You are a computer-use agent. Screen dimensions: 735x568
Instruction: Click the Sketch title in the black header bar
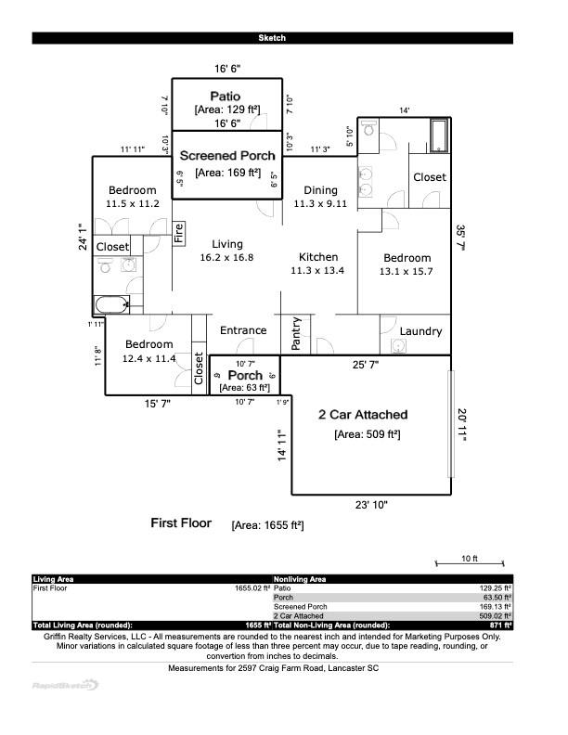[x=272, y=38]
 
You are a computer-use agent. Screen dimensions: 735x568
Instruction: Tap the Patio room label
[x=226, y=96]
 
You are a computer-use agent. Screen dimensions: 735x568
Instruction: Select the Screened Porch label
[x=227, y=156]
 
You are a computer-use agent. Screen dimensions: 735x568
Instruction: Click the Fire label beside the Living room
[x=179, y=232]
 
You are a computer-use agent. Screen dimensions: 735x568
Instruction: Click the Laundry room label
[x=420, y=331]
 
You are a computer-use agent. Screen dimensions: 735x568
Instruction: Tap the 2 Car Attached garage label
[x=363, y=415]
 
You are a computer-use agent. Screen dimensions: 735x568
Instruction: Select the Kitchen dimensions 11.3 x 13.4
[x=317, y=271]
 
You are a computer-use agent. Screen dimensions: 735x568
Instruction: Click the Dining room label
[x=320, y=190]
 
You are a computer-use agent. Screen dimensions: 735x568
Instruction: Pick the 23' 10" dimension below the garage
[x=371, y=505]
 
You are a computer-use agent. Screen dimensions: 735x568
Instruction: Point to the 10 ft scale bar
[x=470, y=562]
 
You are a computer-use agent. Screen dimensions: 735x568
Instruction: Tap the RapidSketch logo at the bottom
[x=65, y=685]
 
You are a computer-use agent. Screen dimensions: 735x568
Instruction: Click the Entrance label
[x=243, y=330]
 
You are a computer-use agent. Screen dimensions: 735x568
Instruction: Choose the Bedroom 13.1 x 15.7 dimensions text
[x=407, y=272]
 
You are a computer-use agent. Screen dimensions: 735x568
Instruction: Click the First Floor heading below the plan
[x=181, y=523]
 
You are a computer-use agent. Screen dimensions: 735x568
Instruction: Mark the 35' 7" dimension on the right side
[x=460, y=239]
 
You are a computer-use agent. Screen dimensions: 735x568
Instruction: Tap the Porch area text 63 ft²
[x=244, y=387]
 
